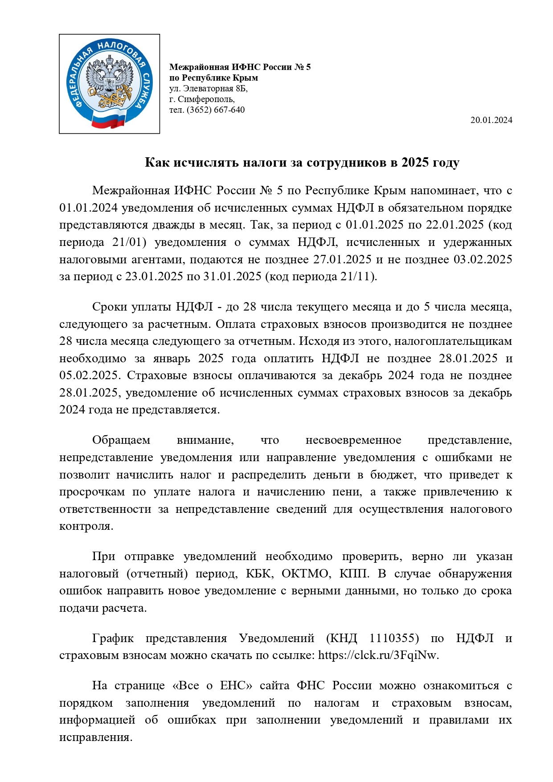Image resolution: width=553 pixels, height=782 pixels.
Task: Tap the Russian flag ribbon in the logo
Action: [x=109, y=119]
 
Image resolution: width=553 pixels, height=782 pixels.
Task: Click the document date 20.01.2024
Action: [x=491, y=120]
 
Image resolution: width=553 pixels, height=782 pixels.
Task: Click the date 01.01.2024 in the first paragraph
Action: [x=88, y=208]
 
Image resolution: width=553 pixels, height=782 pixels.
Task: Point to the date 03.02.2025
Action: [x=483, y=260]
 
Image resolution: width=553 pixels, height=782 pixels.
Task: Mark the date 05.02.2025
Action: [x=88, y=376]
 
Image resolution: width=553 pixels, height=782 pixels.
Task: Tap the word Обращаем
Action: [x=121, y=440]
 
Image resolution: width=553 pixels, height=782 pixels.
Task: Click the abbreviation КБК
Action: [x=258, y=573]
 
